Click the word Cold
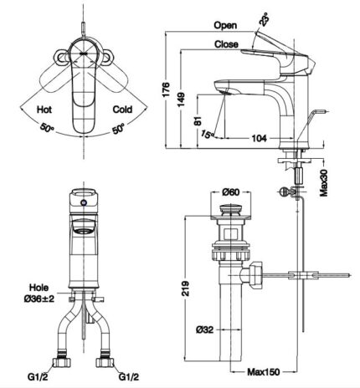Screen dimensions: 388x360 tap(121, 110)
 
